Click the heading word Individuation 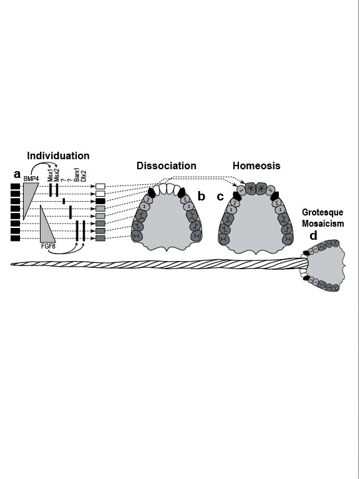coord(58,156)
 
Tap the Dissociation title coord(166,165)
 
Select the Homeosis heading coord(256,165)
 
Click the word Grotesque coord(323,212)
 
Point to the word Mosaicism coord(323,224)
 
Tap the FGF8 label coord(48,245)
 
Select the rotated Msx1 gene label coord(51,176)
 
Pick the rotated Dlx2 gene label coord(84,176)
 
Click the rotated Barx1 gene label coord(77,175)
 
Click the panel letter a coord(17,174)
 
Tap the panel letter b coord(202,196)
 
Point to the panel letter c coord(220,197)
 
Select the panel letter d coord(313,236)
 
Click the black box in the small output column coord(100,201)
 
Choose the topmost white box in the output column coord(100,186)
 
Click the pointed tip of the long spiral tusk coord(11,264)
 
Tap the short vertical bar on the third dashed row coord(64,201)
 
